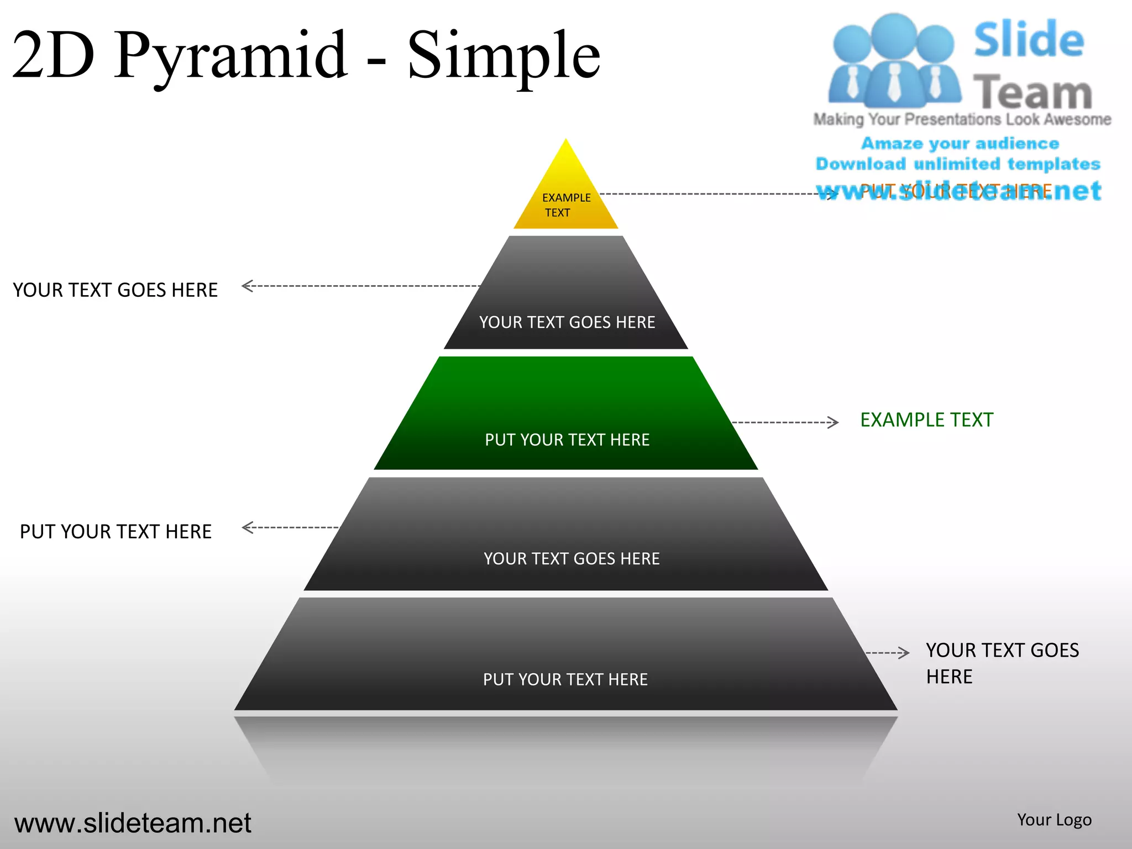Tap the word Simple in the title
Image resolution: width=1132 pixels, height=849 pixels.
pos(503,55)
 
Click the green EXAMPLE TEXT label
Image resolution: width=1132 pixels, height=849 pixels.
pos(926,420)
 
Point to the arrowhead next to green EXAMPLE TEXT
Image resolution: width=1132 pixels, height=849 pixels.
pos(834,422)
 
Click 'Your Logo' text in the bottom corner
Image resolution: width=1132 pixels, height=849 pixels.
pos(1054,820)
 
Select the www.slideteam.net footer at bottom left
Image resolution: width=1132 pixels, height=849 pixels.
pos(133,823)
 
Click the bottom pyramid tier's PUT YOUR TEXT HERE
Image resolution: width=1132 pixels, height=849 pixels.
pos(565,679)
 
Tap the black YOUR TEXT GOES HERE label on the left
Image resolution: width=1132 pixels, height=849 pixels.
pos(115,290)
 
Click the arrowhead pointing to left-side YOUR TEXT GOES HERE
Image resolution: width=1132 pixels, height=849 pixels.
pos(247,286)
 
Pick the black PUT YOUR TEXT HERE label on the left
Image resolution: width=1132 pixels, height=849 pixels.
pos(116,532)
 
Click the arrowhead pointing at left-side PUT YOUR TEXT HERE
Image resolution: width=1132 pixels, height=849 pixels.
pos(247,527)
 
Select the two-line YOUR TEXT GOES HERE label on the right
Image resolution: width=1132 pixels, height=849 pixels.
pos(1002,663)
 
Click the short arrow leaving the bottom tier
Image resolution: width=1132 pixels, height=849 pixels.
pos(888,653)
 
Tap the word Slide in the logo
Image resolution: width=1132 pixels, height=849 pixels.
pos(1029,40)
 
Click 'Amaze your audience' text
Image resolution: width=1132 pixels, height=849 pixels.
pos(960,144)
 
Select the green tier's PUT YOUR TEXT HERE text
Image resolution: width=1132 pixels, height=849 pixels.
pos(567,440)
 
